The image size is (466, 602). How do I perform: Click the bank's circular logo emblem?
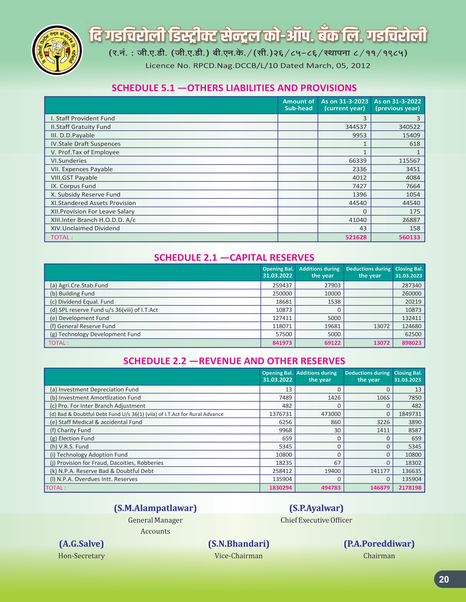[57, 50]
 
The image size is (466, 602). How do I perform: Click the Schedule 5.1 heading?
[234, 88]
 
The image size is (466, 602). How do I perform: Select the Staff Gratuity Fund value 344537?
[356, 127]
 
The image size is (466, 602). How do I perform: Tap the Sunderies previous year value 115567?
[409, 161]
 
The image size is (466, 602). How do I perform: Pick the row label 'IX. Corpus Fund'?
[73, 186]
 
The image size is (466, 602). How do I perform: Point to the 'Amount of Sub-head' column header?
[298, 105]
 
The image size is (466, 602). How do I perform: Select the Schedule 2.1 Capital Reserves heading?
[234, 258]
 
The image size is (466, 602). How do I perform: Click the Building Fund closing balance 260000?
[412, 294]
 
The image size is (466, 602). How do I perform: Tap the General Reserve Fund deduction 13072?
[381, 326]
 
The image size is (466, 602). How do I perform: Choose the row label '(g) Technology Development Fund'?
[95, 334]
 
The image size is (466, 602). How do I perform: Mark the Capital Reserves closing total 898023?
[412, 343]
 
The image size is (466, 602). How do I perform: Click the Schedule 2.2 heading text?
[234, 361]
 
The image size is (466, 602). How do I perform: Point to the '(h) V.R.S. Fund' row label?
[69, 447]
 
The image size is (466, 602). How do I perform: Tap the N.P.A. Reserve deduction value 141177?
[380, 471]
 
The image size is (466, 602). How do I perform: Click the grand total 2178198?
[410, 488]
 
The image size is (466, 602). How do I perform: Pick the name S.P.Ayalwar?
[316, 508]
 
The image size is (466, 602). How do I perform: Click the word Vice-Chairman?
[239, 556]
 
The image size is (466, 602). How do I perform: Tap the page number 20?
[444, 580]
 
